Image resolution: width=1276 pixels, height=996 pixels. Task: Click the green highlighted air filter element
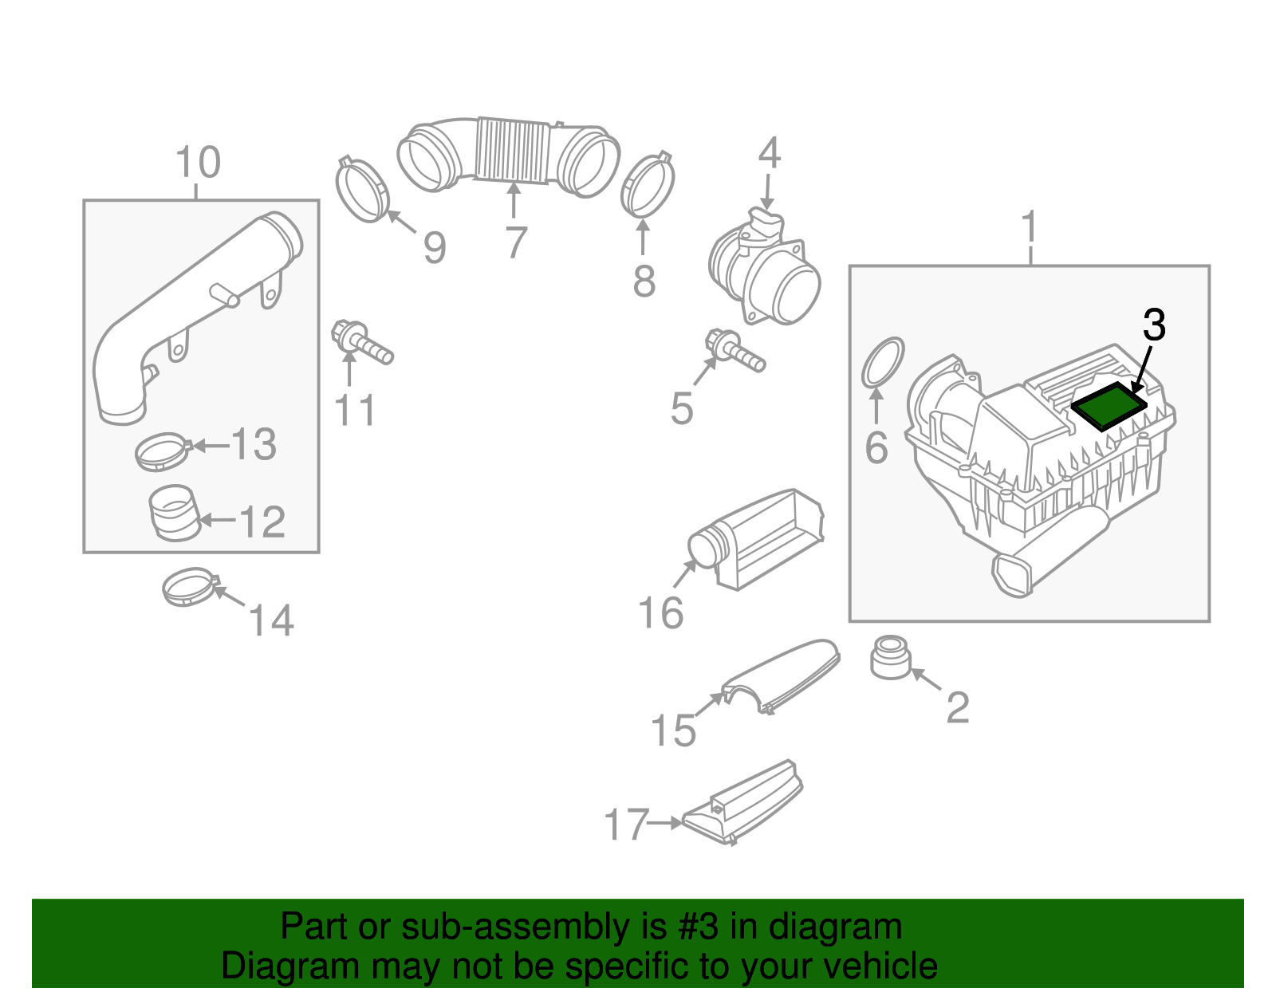click(1108, 405)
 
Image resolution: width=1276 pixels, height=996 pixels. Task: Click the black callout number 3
click(1154, 325)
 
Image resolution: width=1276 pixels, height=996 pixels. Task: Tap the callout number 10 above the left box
click(197, 163)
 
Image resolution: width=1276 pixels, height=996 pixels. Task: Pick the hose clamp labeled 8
click(647, 186)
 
